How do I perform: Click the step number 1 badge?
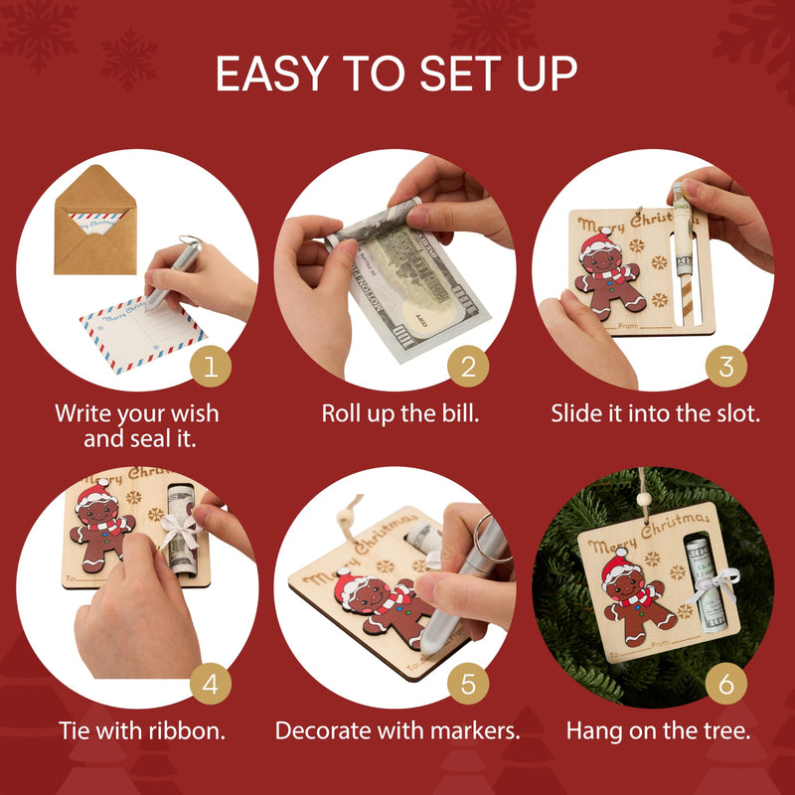click(x=211, y=367)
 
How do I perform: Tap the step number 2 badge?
click(x=468, y=367)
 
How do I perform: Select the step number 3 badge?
click(x=726, y=367)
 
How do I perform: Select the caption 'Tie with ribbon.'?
click(x=139, y=730)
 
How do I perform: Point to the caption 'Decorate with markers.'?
click(x=397, y=730)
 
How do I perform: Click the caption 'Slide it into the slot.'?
click(x=656, y=412)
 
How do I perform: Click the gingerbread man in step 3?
click(x=608, y=273)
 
